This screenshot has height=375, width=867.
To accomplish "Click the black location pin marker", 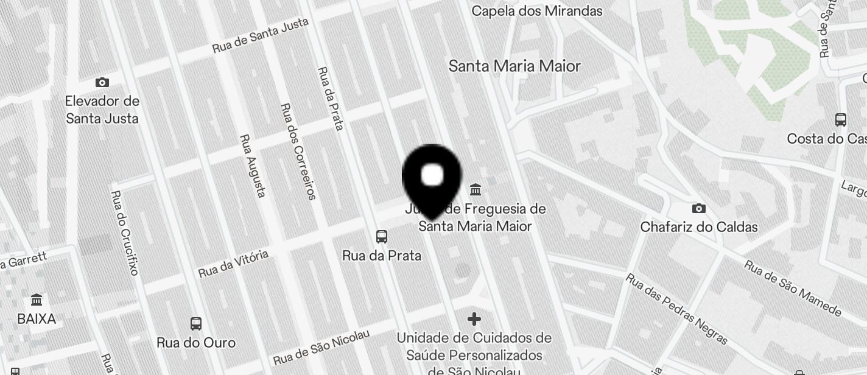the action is point(432,177).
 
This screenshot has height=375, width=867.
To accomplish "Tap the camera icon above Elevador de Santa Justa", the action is point(102,83).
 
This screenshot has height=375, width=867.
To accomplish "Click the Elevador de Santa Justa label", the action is point(102,110).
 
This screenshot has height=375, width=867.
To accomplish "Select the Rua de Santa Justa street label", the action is point(260,35).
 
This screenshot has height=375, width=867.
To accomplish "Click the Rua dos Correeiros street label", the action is point(298,151).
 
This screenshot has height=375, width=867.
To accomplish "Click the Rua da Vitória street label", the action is point(233,264).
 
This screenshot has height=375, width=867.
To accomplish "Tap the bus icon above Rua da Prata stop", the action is point(382,237).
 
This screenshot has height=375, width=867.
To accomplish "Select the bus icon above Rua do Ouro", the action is point(196,324).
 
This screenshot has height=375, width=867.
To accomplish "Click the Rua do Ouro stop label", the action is point(196,343).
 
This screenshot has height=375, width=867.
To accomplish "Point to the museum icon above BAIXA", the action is point(37,300).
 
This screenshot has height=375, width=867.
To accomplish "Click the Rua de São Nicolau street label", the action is point(321,349).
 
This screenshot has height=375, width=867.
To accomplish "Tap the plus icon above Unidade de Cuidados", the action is point(474,318).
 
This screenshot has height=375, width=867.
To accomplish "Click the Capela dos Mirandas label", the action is point(537,11).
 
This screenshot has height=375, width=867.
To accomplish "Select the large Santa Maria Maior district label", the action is point(514,66).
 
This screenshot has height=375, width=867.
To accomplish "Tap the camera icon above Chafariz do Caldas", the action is point(699,209).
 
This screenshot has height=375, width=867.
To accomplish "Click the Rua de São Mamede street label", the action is point(793,289).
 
